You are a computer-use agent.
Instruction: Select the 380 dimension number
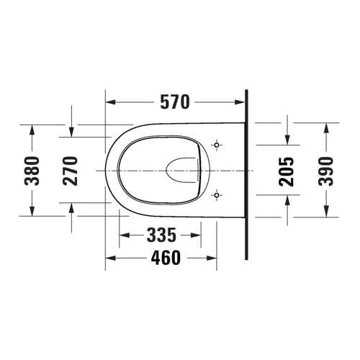click(x=32, y=170)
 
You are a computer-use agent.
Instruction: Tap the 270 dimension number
click(x=71, y=170)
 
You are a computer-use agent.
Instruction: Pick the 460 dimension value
click(x=165, y=258)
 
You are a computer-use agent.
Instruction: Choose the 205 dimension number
click(x=287, y=170)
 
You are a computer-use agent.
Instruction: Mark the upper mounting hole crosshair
click(x=217, y=146)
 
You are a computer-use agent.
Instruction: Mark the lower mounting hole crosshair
click(x=217, y=194)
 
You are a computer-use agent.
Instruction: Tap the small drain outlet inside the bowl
click(x=181, y=171)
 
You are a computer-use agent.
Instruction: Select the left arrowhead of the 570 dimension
click(x=110, y=103)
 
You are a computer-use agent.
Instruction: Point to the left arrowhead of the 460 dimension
click(x=110, y=258)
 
